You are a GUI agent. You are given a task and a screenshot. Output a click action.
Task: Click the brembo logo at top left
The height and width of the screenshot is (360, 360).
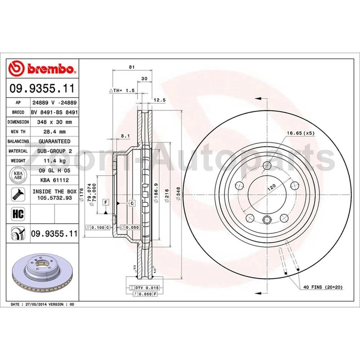click(42, 69)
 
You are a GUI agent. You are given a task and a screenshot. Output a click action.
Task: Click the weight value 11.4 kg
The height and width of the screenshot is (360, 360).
click(54, 161)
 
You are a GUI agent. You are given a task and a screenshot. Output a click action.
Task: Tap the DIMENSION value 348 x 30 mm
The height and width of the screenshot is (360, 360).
click(54, 122)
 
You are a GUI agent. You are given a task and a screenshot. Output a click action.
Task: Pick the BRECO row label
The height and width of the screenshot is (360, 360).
click(18, 112)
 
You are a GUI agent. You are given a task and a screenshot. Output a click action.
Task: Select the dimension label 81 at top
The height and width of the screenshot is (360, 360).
click(131, 67)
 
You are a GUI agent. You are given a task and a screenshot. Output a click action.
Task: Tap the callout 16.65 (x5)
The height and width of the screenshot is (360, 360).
click(300, 133)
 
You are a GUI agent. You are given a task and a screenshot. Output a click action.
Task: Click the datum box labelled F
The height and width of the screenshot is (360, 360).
click(106, 202)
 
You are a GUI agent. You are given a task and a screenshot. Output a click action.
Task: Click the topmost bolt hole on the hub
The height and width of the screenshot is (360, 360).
click(267, 165)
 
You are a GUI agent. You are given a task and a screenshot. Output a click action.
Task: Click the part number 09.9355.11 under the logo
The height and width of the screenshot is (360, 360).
click(42, 89)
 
